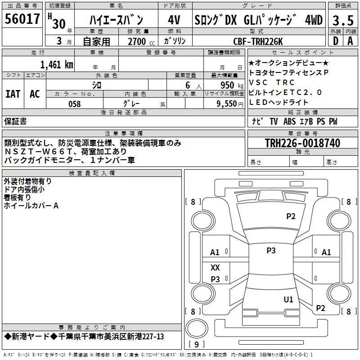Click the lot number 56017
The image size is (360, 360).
coord(22,19)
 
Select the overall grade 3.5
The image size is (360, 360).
coord(343,21)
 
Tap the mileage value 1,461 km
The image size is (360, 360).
coord(57,65)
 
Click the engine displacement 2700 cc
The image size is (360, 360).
coord(141,41)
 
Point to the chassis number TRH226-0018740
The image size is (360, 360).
coord(302,143)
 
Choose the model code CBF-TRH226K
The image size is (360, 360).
coord(258,41)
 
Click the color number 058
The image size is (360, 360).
coord(75,104)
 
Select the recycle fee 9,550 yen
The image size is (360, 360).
coord(230,104)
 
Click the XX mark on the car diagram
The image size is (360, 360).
coord(215,267)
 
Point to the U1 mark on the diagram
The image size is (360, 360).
coord(288,299)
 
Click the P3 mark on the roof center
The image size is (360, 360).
coord(271,251)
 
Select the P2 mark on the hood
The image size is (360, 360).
coord(291,216)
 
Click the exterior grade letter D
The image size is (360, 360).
coord(336,41)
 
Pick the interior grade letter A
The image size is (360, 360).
coord(350,41)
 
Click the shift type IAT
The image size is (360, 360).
coord(13,94)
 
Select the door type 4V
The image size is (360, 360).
coord(174,20)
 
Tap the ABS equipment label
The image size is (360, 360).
coord(289,121)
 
